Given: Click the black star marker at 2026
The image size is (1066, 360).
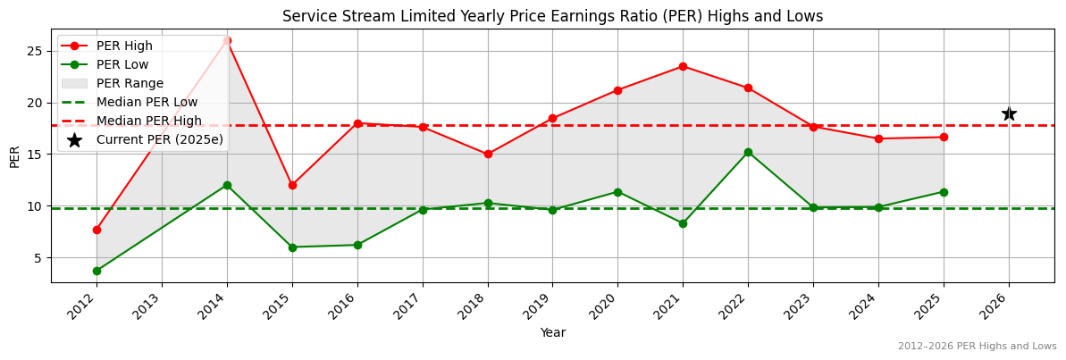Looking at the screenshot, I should click(x=1009, y=113).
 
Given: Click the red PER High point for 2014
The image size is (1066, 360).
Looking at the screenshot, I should click(x=227, y=40).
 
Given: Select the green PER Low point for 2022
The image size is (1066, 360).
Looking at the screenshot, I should click(x=748, y=152).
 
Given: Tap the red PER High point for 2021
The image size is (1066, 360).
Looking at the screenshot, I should click(x=683, y=66).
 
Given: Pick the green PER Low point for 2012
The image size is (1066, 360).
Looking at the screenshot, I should click(x=97, y=271).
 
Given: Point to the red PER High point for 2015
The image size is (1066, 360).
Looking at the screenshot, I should click(x=292, y=185).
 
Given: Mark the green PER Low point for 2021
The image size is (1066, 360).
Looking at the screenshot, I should click(x=683, y=223).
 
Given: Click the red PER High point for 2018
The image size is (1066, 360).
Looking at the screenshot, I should click(x=488, y=154).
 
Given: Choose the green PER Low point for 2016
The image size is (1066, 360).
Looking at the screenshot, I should click(x=357, y=245).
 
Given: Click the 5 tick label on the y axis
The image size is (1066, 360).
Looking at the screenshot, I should click(x=39, y=257).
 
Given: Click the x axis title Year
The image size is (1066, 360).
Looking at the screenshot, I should click(x=552, y=333).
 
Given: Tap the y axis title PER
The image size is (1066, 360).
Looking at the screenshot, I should click(x=14, y=156).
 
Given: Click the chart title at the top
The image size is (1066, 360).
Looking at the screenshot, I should click(x=552, y=16).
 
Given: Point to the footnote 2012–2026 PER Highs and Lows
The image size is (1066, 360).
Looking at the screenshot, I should click(x=977, y=347).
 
